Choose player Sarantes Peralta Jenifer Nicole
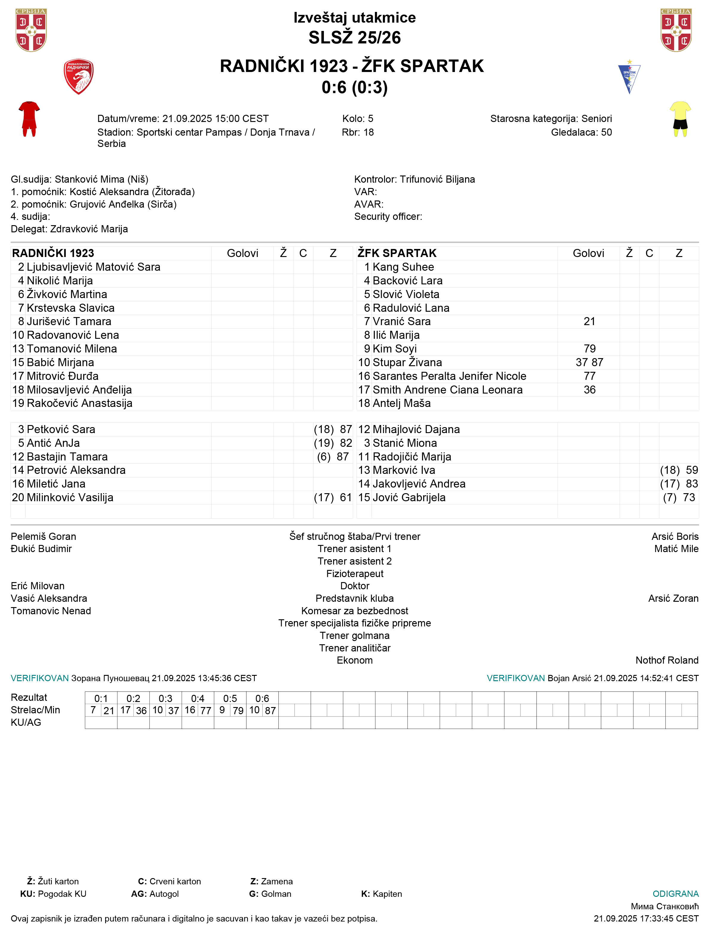pos(449,376)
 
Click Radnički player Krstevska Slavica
pos(71,308)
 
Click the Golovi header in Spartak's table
pos(589,253)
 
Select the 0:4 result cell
pos(197,698)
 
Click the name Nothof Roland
pos(667,660)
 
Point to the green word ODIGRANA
pos(675,894)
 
